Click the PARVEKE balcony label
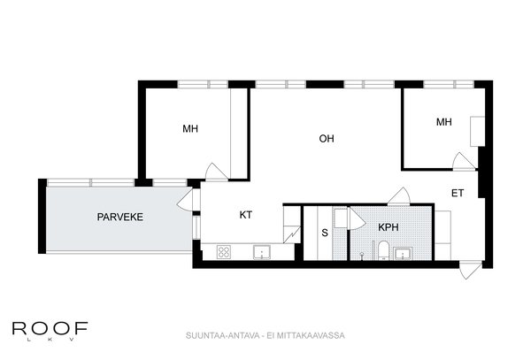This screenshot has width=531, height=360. pyautogui.click(x=119, y=217)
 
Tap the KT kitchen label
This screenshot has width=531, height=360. pyautogui.click(x=246, y=215)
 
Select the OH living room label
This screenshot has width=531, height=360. pyautogui.click(x=327, y=138)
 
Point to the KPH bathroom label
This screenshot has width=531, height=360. pyautogui.click(x=389, y=227)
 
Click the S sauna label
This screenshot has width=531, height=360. pyautogui.click(x=325, y=233)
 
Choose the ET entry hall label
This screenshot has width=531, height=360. pyautogui.click(x=458, y=193)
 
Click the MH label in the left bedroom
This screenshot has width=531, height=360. pyautogui.click(x=190, y=129)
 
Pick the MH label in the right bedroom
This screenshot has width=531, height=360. pyautogui.click(x=443, y=122)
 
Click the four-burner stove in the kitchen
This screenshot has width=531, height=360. pyautogui.click(x=224, y=252)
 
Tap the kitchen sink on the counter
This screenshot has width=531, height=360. pyautogui.click(x=262, y=252)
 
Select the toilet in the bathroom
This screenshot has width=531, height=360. pyautogui.click(x=384, y=250)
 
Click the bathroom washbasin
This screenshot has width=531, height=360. pyautogui.click(x=403, y=253)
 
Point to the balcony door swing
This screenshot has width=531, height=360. pyautogui.click(x=185, y=201)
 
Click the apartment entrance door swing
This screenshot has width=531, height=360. pyautogui.click(x=471, y=271)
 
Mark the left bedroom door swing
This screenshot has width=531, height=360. pyautogui.click(x=216, y=172)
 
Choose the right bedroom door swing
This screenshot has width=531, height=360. pyautogui.click(x=464, y=161)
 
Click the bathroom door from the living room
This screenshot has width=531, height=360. pyautogui.click(x=399, y=195)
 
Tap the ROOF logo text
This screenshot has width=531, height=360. pyautogui.click(x=50, y=328)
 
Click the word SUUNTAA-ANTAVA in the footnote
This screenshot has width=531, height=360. pyautogui.click(x=222, y=335)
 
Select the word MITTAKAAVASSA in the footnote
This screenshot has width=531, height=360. pyautogui.click(x=311, y=335)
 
